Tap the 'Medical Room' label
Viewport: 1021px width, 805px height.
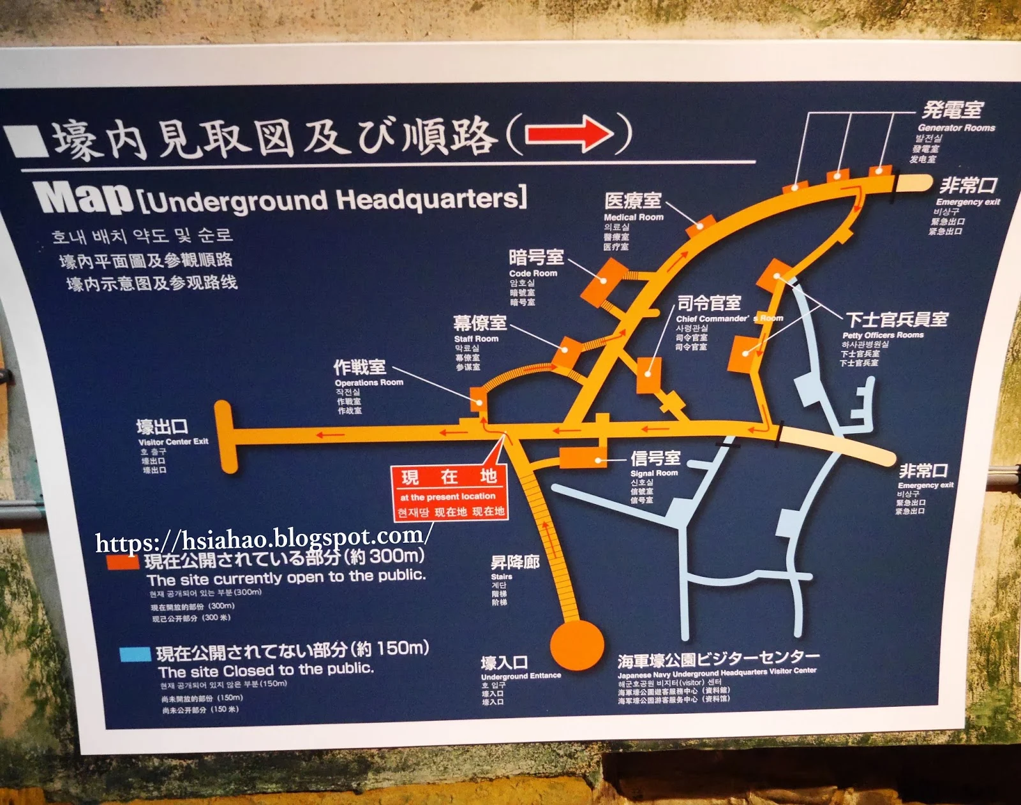(633, 217)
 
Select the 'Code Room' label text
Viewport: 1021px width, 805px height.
(533, 273)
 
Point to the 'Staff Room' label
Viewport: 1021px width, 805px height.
(476, 339)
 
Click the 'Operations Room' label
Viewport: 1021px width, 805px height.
(369, 382)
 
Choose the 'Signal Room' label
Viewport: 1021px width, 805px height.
(654, 473)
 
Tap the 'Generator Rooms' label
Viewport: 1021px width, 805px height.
(956, 128)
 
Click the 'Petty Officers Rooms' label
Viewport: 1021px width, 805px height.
(883, 335)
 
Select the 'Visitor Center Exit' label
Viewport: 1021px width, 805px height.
(173, 441)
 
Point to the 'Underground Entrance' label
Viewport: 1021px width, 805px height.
(521, 676)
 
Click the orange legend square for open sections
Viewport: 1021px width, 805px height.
(123, 562)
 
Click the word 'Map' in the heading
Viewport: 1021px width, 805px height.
(84, 198)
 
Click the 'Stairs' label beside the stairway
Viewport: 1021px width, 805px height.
(502, 577)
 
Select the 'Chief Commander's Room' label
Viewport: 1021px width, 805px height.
(729, 318)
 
